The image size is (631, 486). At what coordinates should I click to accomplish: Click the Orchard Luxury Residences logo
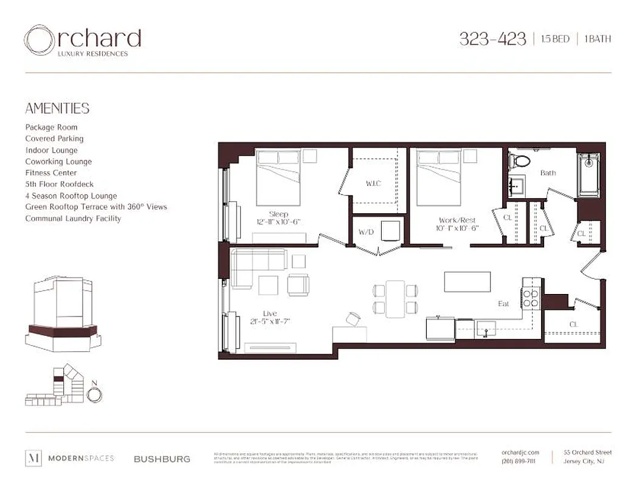(82, 41)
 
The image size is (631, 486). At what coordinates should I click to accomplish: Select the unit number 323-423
(492, 39)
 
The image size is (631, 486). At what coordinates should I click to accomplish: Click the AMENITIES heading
(57, 109)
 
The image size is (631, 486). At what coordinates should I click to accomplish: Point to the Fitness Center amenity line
(51, 173)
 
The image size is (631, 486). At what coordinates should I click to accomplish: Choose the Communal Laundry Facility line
(73, 218)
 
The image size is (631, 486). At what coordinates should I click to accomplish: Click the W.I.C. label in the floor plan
(373, 183)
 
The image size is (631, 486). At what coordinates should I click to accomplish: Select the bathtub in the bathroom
(588, 175)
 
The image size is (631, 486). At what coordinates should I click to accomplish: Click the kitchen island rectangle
(467, 282)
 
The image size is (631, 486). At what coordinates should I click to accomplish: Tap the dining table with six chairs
(395, 298)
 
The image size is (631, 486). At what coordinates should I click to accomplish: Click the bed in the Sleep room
(278, 177)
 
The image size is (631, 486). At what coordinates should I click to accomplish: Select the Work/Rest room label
(457, 221)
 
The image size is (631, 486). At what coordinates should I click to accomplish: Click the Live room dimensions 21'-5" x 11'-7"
(270, 321)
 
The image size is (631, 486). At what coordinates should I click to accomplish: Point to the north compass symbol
(94, 394)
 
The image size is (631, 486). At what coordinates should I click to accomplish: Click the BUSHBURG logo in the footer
(162, 459)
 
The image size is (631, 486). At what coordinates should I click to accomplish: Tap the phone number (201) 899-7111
(519, 461)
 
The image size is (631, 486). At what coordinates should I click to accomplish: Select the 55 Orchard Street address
(587, 453)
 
